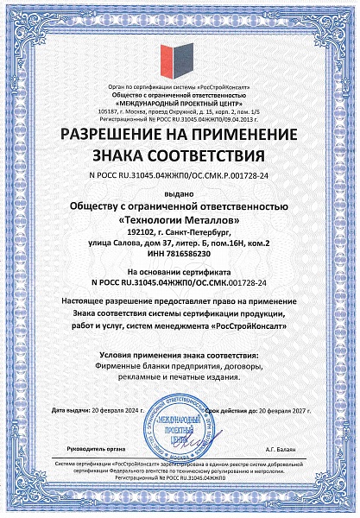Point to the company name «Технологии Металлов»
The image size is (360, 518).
click(x=180, y=219)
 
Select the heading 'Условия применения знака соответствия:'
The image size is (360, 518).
click(x=180, y=356)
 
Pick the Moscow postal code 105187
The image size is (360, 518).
click(x=110, y=112)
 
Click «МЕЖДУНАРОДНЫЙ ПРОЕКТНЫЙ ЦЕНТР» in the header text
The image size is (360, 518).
click(x=180, y=104)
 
